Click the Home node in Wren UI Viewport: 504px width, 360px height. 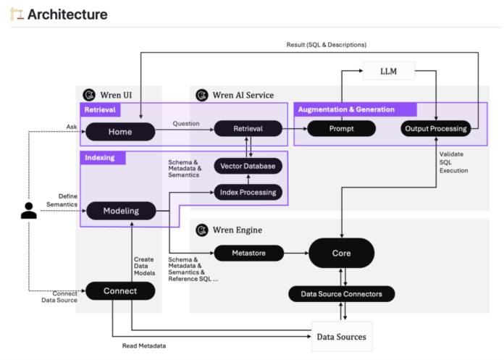point(120,131)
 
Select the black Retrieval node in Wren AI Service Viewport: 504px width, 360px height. point(248,129)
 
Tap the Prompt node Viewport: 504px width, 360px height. point(341,129)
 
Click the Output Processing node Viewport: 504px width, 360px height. point(434,129)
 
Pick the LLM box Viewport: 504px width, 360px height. point(388,71)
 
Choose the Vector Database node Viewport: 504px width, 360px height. point(248,166)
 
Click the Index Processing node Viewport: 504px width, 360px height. point(248,192)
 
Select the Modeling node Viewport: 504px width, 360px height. point(121,211)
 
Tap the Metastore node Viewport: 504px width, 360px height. point(248,253)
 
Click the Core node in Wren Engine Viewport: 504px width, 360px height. point(341,253)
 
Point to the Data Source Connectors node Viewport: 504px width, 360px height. point(341,294)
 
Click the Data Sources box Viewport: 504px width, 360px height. point(341,336)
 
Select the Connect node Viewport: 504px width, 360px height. point(120,290)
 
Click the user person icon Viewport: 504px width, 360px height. point(29,211)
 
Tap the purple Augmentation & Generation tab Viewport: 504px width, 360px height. point(355,109)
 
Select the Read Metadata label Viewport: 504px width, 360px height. point(144,346)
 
